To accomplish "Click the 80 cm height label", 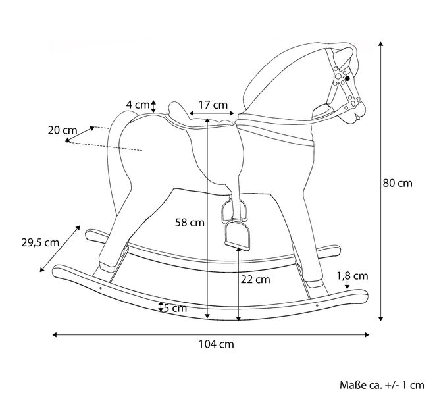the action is point(397,183).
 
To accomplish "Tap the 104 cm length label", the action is point(216,344).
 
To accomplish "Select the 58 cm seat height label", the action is point(190,223).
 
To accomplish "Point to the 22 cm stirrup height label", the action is point(255,280).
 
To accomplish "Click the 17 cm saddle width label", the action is point(213,105).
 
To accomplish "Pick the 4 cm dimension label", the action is point(138,105).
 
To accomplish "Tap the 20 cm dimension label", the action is point(63,130).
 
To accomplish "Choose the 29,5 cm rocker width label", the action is point(40,242).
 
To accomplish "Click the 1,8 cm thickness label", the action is point(352,276).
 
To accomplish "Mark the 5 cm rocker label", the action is point(175,308).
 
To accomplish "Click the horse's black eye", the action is point(347,78).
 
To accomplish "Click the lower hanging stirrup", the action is point(238,235).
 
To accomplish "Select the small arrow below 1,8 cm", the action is point(347,284).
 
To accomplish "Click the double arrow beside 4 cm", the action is point(153,107).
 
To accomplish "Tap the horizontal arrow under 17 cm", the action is point(211,113).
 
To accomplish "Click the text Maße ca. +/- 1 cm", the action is point(382,385).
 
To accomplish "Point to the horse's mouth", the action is point(353,120).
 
